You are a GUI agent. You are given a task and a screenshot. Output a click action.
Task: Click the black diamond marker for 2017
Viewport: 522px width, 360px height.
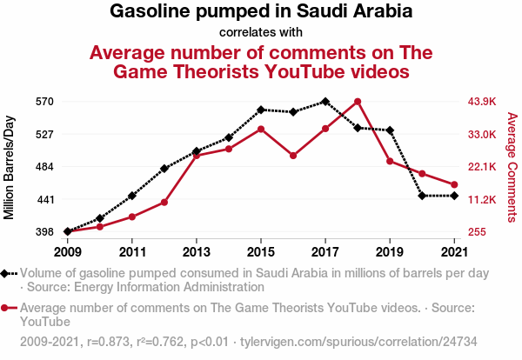click(325, 102)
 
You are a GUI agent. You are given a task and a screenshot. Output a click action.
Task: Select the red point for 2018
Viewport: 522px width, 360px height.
click(358, 102)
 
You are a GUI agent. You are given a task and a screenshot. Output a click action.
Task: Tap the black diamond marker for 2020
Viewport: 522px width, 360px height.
click(422, 196)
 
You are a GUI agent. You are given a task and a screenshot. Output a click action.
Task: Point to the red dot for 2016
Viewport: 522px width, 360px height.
click(293, 156)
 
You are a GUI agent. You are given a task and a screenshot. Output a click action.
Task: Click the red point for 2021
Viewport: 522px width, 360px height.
click(454, 184)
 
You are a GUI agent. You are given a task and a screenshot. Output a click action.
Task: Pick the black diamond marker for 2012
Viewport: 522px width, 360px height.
click(164, 169)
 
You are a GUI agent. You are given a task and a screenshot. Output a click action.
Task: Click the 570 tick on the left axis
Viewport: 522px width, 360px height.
click(45, 102)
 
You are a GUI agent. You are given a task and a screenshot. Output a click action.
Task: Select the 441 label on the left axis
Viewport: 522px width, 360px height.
click(45, 199)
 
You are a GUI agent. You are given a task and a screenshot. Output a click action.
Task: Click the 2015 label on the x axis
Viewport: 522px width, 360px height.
click(261, 252)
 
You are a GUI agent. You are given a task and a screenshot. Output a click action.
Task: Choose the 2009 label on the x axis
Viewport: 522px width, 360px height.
click(67, 252)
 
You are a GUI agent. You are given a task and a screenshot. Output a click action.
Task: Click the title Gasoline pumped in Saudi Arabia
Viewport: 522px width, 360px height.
click(261, 12)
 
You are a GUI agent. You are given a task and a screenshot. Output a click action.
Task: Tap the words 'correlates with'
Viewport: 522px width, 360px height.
click(261, 33)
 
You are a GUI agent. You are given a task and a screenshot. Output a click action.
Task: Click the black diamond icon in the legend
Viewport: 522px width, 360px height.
click(9, 273)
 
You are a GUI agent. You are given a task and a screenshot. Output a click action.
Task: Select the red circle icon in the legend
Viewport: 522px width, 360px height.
click(9, 308)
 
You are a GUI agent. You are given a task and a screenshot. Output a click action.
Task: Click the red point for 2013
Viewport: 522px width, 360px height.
click(197, 155)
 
